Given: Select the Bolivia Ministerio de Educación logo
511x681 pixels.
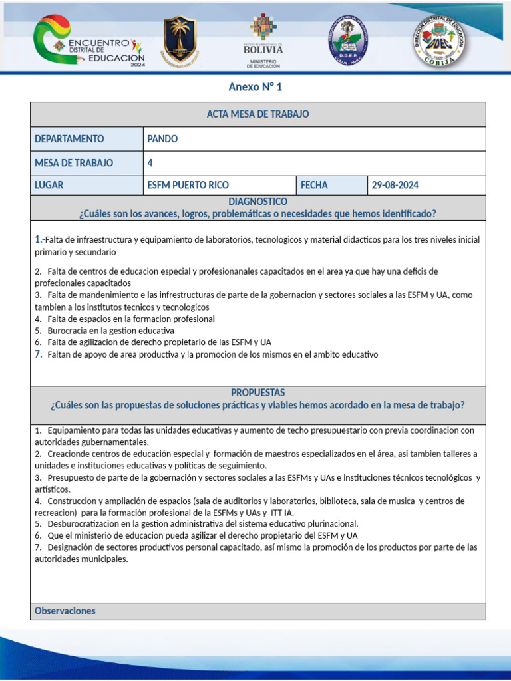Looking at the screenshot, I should tap(263, 41).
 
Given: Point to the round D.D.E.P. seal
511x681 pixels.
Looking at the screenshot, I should tap(348, 41).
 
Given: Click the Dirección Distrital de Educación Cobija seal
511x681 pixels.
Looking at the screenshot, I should tap(439, 41).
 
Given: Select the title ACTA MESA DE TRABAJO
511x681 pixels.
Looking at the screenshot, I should tap(258, 114).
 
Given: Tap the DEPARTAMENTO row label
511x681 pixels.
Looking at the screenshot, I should tap(69, 139).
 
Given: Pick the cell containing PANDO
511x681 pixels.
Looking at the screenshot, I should tap(162, 139).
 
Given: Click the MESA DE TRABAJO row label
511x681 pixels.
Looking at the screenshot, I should tap(74, 163).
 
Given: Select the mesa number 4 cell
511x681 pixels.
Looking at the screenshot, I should tap(150, 163).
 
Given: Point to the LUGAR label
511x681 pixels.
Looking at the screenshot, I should tap(49, 185).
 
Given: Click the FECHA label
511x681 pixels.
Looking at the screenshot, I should tap(314, 185).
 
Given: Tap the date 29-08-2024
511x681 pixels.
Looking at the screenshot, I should tap(395, 185).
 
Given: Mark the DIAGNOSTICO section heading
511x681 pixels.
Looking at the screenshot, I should tap(258, 201).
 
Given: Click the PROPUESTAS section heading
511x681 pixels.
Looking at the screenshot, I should tap(258, 393).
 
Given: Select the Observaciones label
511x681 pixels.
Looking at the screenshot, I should tap(65, 611).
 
